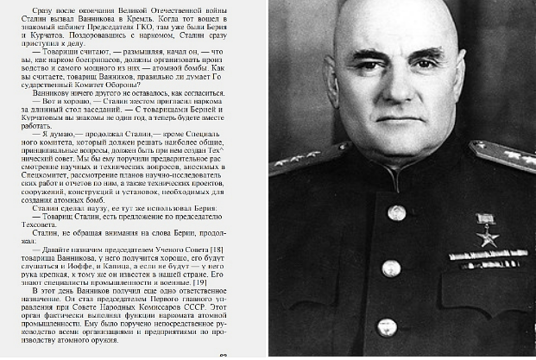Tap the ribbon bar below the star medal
489,256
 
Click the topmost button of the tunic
396,212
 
